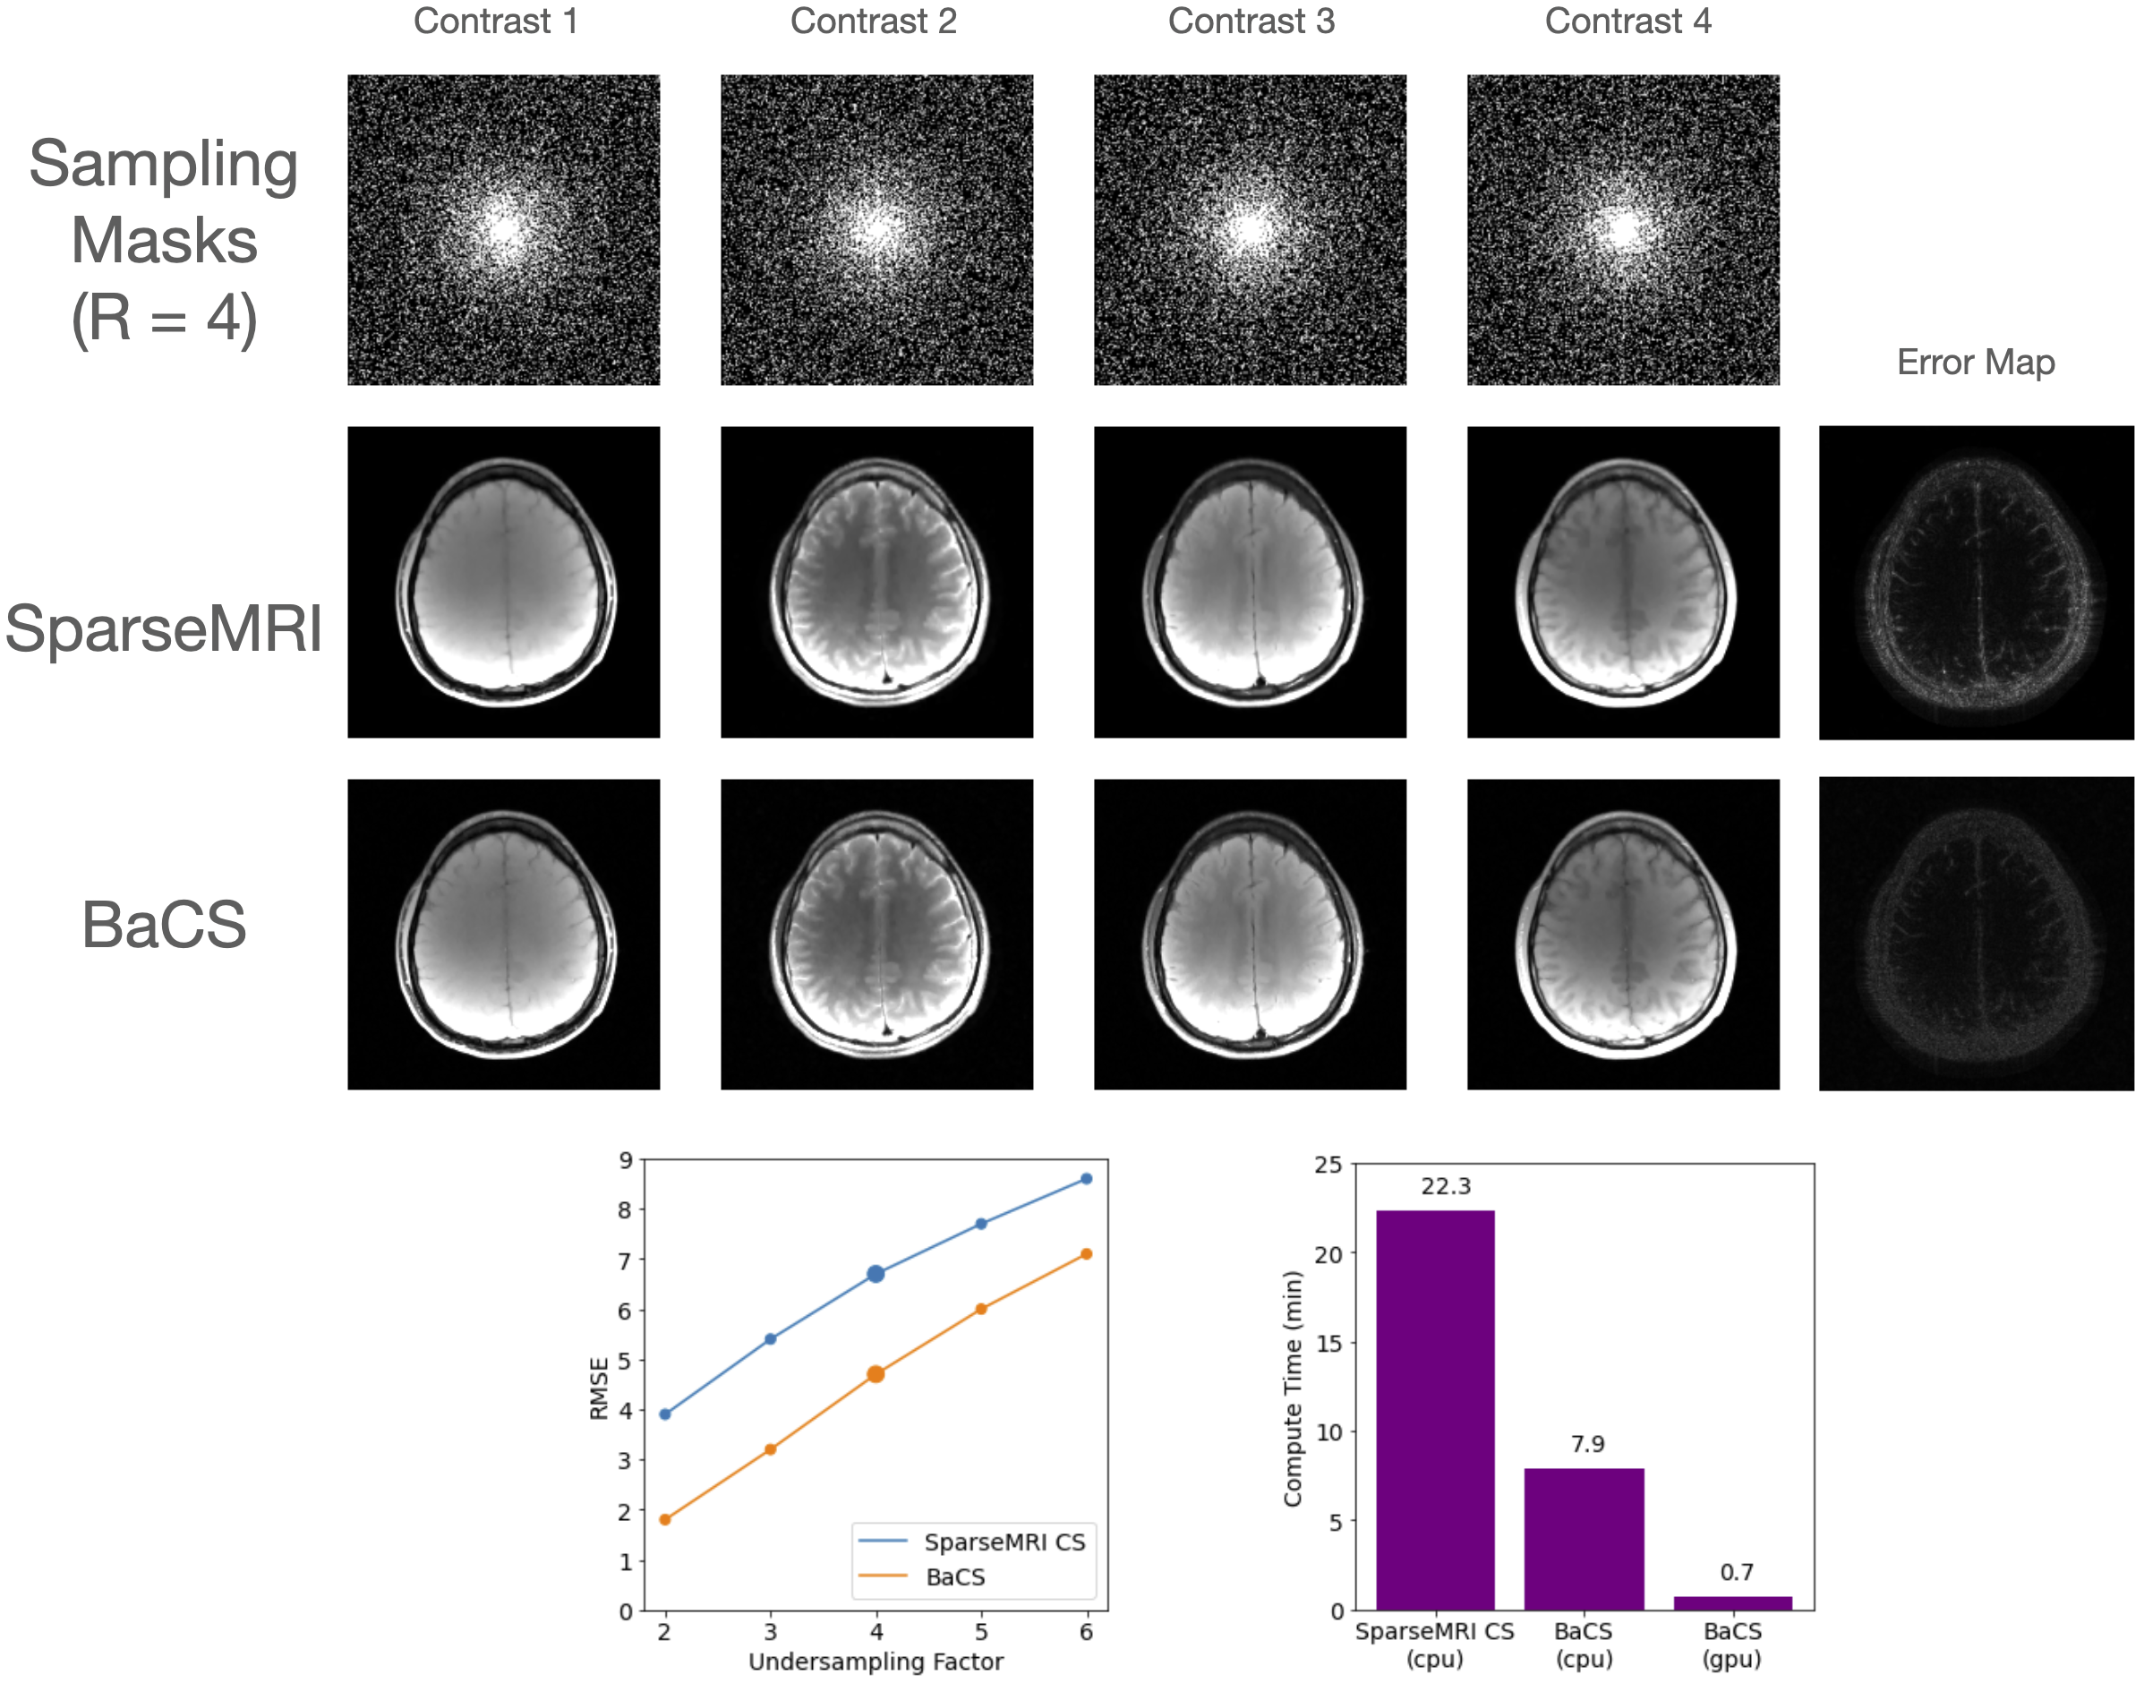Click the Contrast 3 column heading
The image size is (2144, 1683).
point(1251,21)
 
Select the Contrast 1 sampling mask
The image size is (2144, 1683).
point(503,229)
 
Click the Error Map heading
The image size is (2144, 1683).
point(1976,363)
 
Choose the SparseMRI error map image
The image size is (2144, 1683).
point(1976,583)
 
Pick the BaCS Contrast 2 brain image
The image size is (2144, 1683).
point(877,934)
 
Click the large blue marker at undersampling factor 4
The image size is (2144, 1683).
point(876,1274)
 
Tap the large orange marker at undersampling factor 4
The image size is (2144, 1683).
point(876,1373)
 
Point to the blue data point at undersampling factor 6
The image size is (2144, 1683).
point(1087,1178)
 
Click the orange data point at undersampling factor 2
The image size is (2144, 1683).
point(665,1519)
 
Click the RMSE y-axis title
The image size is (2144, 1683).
point(598,1388)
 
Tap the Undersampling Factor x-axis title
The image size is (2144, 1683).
point(876,1662)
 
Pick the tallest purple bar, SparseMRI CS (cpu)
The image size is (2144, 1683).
point(1436,1409)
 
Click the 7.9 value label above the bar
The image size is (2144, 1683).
point(1587,1444)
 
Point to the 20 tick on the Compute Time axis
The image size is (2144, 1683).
point(1328,1253)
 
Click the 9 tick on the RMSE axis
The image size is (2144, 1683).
point(626,1161)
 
